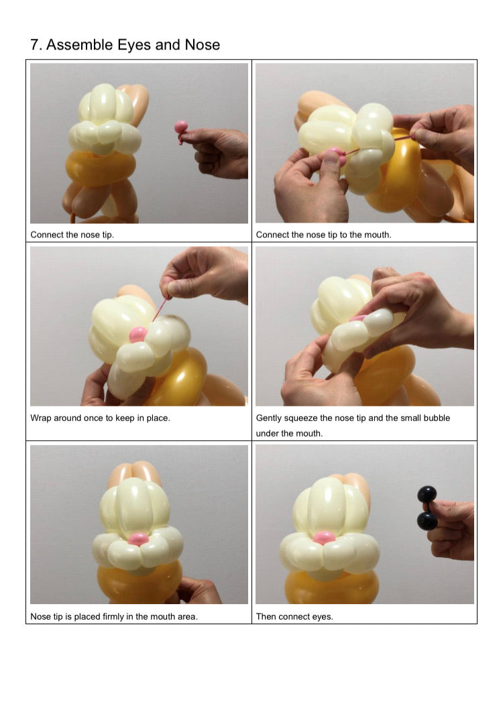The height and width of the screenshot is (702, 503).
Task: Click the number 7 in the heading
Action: (x=34, y=45)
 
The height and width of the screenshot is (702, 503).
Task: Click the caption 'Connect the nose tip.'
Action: (x=72, y=235)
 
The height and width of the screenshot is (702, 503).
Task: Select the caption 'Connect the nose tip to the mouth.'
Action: (x=323, y=235)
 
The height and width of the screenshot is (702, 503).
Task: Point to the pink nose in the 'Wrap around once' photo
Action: (x=138, y=334)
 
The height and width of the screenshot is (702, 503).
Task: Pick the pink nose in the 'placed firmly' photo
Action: (x=138, y=539)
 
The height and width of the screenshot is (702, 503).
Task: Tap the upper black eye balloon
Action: (x=427, y=495)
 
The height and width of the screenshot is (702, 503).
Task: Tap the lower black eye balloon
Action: (x=427, y=521)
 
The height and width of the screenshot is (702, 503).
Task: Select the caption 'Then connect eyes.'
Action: (x=294, y=616)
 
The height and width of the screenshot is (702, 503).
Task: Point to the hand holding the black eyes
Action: (x=450, y=530)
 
